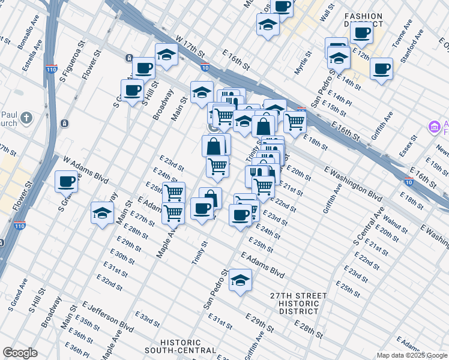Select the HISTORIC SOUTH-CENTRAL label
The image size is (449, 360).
(188, 346)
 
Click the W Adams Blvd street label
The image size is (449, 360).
(85, 170)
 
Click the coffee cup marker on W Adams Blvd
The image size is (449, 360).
(67, 181)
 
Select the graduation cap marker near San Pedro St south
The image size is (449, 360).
(240, 280)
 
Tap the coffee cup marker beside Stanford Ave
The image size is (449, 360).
(381, 68)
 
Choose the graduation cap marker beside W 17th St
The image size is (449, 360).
(166, 55)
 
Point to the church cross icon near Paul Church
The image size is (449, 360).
(26, 118)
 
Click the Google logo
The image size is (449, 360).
(20, 353)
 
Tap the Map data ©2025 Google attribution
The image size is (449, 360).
(412, 355)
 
